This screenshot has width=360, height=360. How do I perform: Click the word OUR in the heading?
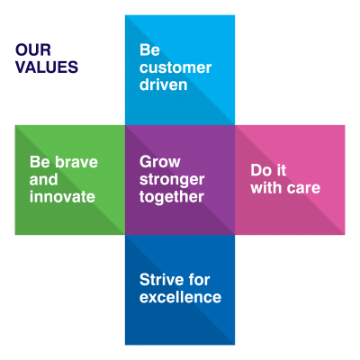pos(33,50)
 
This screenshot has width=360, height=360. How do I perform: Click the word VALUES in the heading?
pos(47,67)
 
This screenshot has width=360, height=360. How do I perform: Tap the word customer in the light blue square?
pos(175,68)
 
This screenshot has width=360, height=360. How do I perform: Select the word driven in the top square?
pos(163,85)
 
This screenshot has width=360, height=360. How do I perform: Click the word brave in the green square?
pos(76,162)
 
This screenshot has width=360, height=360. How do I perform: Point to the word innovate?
pos(62,196)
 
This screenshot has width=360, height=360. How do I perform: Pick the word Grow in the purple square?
pos(160,162)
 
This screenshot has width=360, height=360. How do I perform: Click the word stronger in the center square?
pos(171,179)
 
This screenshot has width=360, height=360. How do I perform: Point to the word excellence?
pos(180,297)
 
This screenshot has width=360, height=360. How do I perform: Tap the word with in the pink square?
pos(265,188)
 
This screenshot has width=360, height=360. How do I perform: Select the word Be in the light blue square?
pos(149,50)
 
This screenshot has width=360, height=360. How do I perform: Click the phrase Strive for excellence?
pos(180,288)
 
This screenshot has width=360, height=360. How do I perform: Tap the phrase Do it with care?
pos(284,179)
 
